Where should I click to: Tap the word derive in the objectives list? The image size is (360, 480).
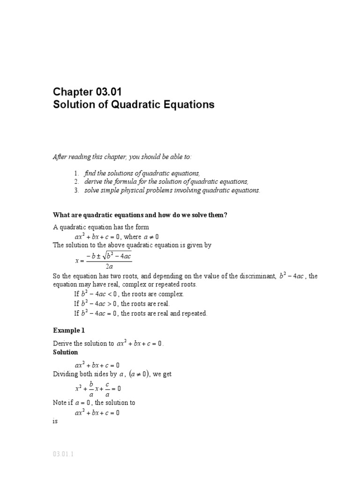point(93,182)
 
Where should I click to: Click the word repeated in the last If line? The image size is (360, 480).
point(192,313)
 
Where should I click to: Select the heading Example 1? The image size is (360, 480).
point(69,330)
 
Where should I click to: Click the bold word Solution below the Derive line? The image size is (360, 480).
point(65,352)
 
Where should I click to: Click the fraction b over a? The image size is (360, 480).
point(91,389)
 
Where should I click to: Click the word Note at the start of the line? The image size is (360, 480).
point(60,403)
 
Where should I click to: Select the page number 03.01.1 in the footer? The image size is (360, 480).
point(64,455)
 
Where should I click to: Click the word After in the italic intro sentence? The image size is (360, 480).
point(60,157)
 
